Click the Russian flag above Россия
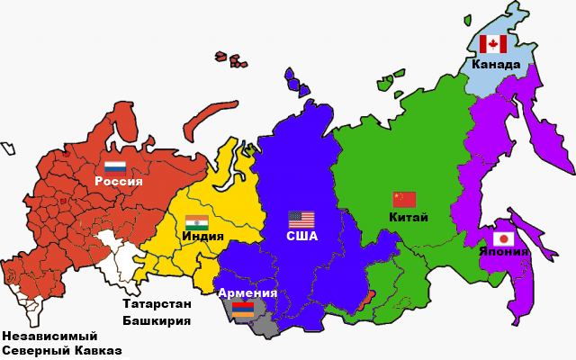114,166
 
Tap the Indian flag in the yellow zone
196,221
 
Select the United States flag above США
301,219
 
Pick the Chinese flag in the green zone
404,200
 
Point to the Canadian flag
493,44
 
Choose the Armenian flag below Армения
243,309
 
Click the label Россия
119,181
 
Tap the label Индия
202,236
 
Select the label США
301,235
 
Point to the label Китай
409,216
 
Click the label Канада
496,64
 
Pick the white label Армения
247,293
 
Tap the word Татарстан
157,303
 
